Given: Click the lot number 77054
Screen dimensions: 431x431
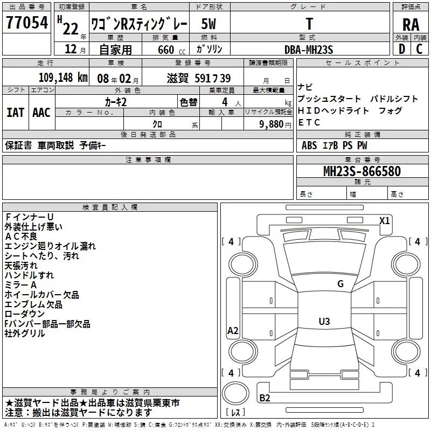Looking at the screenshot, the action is pos(27,23).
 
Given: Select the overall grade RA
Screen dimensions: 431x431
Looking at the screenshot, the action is pos(411,24).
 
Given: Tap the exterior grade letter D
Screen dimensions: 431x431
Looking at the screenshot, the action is pos(402,49).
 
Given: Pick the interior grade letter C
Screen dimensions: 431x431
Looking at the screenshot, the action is pos(419,49).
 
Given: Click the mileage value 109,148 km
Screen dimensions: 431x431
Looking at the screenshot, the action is pos(63,78).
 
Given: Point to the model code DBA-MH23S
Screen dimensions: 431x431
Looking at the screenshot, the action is pos(309,50).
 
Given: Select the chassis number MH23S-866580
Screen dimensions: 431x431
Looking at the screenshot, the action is pos(362,171).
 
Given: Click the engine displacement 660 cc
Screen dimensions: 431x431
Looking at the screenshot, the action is pos(171,50).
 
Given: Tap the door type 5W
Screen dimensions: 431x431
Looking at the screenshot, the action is pos(208,24).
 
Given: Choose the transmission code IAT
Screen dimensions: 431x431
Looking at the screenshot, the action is pos(15,113).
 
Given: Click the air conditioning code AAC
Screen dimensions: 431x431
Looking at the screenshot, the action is pos(41,113).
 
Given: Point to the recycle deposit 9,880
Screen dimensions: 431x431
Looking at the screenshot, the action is pos(272,124).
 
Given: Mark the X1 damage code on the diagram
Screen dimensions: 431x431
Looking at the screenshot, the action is pos(384,221).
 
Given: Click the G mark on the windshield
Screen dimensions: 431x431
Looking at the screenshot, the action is pos(340,284).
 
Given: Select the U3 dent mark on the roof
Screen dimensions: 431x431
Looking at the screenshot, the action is pos(324,321).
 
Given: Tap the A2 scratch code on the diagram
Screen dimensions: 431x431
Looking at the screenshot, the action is pos(233,330).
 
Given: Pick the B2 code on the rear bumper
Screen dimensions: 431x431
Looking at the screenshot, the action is pos(265,398).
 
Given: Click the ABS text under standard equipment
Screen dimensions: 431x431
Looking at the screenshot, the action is pos(309,145).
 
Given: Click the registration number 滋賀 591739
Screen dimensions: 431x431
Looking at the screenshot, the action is pos(199,78).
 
